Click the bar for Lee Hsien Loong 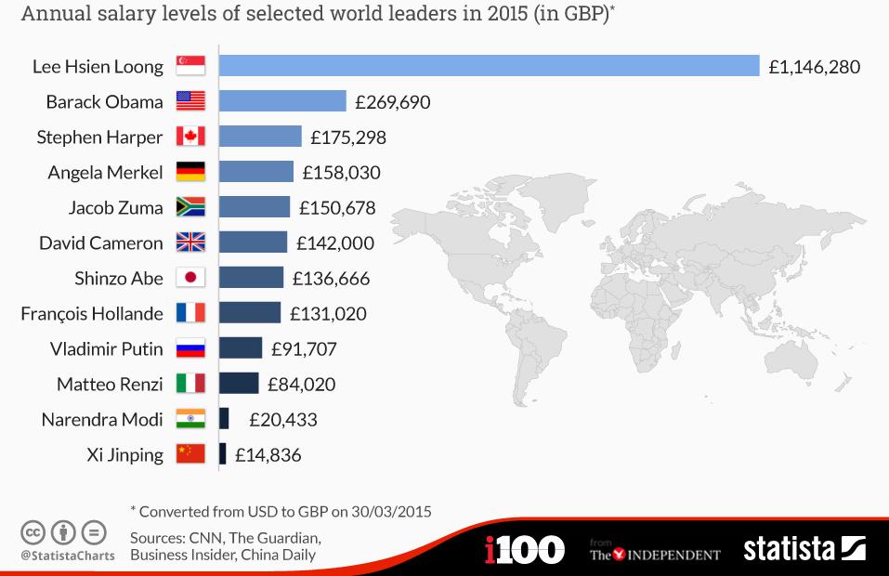(490, 66)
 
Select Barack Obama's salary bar (282, 101)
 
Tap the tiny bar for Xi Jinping (222, 454)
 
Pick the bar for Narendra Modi (224, 419)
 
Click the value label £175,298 (348, 137)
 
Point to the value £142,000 (335, 243)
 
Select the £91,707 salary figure (304, 349)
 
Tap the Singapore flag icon (190, 66)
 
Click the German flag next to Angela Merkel (190, 172)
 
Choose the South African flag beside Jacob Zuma (190, 207)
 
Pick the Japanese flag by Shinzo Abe (190, 278)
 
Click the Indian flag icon (190, 419)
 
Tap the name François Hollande (92, 314)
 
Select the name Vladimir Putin (107, 349)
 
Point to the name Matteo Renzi (110, 385)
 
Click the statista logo (804, 548)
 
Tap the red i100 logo (524, 549)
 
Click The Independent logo (655, 554)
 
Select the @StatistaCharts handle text (68, 556)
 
